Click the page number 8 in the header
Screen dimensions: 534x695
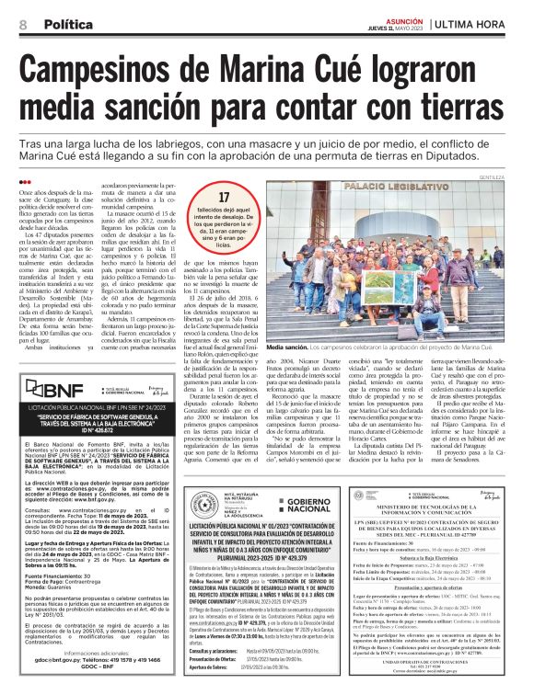pyautogui.click(x=23, y=24)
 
